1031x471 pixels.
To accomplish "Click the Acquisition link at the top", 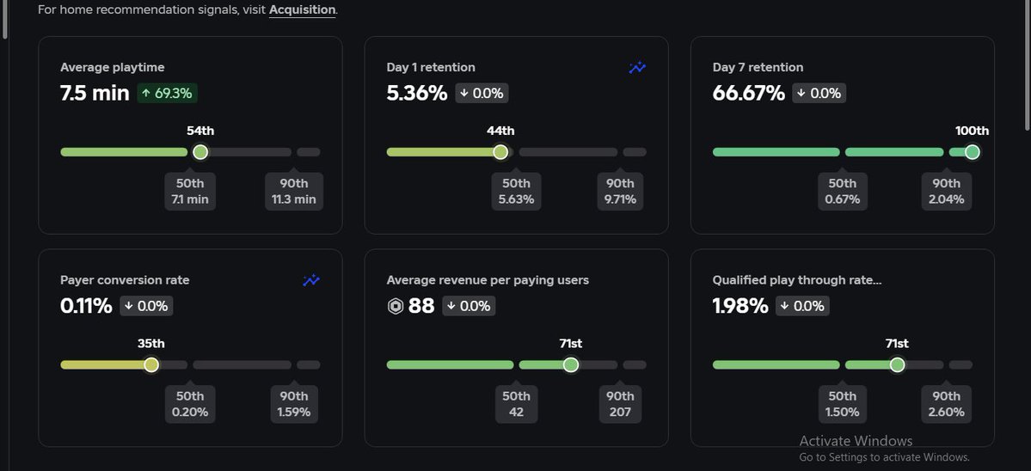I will pyautogui.click(x=302, y=10).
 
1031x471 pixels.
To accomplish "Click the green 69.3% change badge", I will pyautogui.click(x=168, y=93).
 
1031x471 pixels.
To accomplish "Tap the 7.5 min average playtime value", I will pyautogui.click(x=95, y=93).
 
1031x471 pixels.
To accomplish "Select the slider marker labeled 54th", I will pyautogui.click(x=200, y=152).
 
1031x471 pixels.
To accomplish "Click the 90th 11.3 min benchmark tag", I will pyautogui.click(x=294, y=192).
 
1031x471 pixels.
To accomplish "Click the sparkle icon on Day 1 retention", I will pyautogui.click(x=637, y=68).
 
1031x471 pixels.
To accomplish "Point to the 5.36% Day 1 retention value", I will pyautogui.click(x=417, y=93).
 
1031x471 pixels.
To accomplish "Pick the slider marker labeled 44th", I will pyautogui.click(x=500, y=152).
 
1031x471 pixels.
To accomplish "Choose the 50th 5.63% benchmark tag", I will pyautogui.click(x=516, y=192).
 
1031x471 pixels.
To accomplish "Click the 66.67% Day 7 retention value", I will pyautogui.click(x=748, y=93).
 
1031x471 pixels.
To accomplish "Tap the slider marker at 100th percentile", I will pyautogui.click(x=972, y=152).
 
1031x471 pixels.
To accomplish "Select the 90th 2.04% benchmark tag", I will pyautogui.click(x=947, y=192).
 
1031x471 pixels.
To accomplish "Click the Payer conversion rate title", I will pyautogui.click(x=125, y=280).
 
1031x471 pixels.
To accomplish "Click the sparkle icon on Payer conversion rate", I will pyautogui.click(x=311, y=280).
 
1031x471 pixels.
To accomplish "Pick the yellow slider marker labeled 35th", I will pyautogui.click(x=151, y=365).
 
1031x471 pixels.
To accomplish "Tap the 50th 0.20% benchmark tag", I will pyautogui.click(x=190, y=405).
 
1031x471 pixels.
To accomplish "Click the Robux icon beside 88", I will pyautogui.click(x=396, y=307).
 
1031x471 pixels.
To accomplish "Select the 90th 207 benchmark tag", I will pyautogui.click(x=620, y=405).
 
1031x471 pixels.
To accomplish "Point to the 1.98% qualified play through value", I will pyautogui.click(x=739, y=306).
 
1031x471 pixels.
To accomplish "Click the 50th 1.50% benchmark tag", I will pyautogui.click(x=842, y=405).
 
